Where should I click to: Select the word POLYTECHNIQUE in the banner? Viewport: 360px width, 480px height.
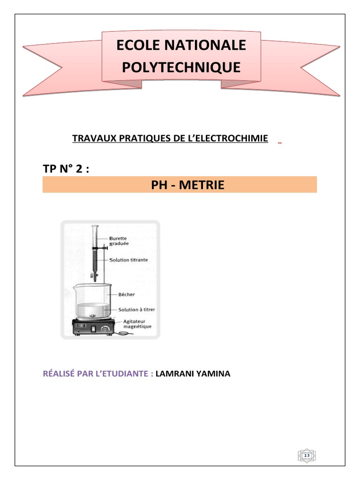pyautogui.click(x=181, y=67)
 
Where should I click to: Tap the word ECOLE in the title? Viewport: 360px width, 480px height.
pyautogui.click(x=138, y=45)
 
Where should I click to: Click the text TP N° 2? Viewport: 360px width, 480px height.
pyautogui.click(x=66, y=169)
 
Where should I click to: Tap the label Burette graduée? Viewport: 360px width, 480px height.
pyautogui.click(x=121, y=240)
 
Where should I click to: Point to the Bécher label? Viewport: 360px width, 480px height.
pyautogui.click(x=127, y=294)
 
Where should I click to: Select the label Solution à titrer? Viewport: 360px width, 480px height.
pyautogui.click(x=136, y=309)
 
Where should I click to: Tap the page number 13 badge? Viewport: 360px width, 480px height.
pyautogui.click(x=307, y=456)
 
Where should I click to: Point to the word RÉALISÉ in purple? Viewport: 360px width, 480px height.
pyautogui.click(x=59, y=374)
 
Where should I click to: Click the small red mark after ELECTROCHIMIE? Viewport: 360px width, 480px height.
pyautogui.click(x=279, y=142)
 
